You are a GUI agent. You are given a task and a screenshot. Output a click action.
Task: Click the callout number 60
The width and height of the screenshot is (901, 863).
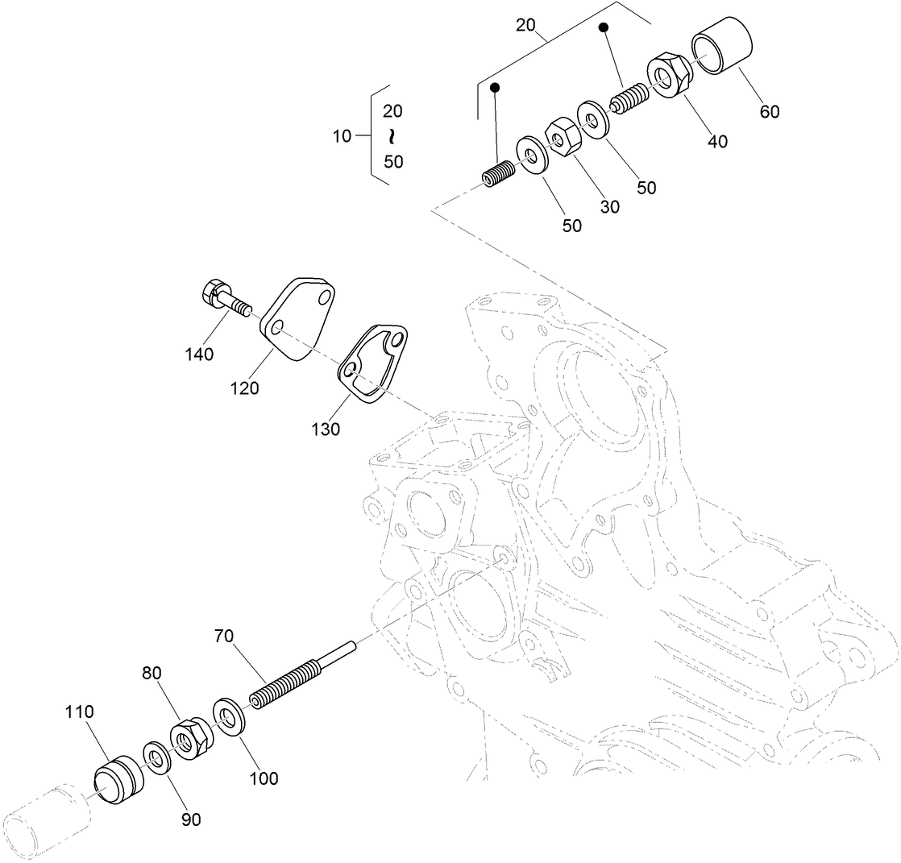point(769,112)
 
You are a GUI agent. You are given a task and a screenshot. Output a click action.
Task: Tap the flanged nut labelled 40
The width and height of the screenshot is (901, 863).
point(668,74)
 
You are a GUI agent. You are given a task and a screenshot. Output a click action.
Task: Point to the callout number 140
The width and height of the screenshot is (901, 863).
point(199,354)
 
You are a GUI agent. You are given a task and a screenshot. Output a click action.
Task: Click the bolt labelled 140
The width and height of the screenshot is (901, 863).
point(225,297)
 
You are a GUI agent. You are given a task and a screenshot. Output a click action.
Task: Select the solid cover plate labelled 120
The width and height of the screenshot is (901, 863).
point(300,318)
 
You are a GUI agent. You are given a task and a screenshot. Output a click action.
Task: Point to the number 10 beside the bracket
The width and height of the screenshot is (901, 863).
point(342,136)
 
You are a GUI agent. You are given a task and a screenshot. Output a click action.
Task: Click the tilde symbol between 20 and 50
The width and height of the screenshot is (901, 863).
point(393,136)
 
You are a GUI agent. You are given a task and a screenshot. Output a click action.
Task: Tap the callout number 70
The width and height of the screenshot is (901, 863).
point(223,636)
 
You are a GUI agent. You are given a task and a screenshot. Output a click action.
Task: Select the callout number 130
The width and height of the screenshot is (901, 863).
point(326,429)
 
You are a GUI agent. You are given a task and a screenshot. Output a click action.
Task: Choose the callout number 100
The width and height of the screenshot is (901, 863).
point(264,778)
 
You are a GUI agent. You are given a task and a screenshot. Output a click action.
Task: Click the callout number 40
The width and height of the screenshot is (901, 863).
point(717,142)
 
